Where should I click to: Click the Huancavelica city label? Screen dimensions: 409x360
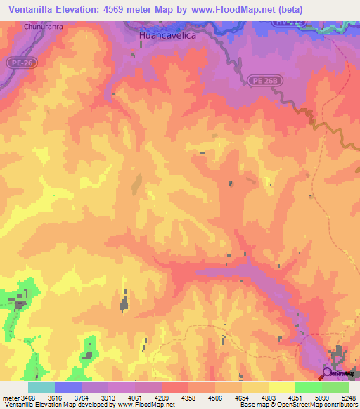pyautogui.click(x=166, y=33)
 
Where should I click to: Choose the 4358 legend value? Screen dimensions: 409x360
pyautogui.click(x=188, y=398)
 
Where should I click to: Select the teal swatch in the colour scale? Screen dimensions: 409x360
pyautogui.click(x=41, y=387)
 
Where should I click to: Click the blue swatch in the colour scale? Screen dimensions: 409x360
pyautogui.click(x=68, y=387)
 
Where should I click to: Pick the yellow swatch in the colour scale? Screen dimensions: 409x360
pyautogui.click(x=282, y=387)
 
